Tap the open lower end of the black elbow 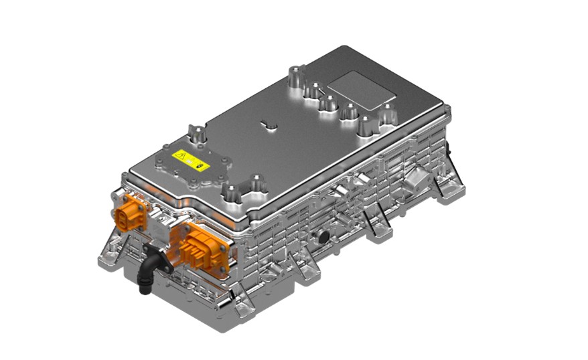coord(143,289)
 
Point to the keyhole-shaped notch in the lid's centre coord(268,124)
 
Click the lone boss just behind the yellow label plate coord(197,134)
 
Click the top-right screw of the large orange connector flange coord(226,228)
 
